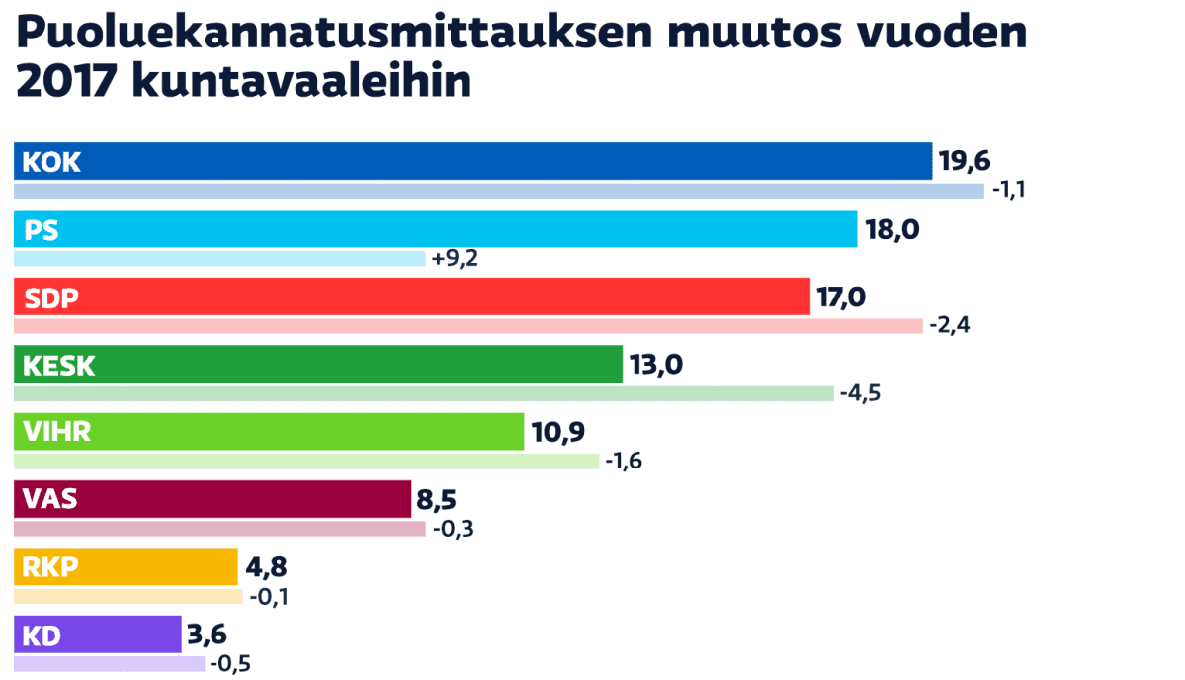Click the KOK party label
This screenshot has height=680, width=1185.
pos(51,162)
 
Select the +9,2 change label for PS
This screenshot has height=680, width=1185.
pos(456,259)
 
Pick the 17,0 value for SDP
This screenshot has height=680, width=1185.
pos(842,297)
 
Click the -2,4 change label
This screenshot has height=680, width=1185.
pos(950,326)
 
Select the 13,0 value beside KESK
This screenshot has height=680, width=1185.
pos(656,365)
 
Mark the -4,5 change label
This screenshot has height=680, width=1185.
pos(860,393)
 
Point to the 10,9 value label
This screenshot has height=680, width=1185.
pos(556,431)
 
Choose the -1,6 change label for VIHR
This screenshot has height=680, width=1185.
pos(625,461)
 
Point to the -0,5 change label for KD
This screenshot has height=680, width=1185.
pos(231,663)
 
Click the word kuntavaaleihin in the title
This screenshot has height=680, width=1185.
pos(301,81)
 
